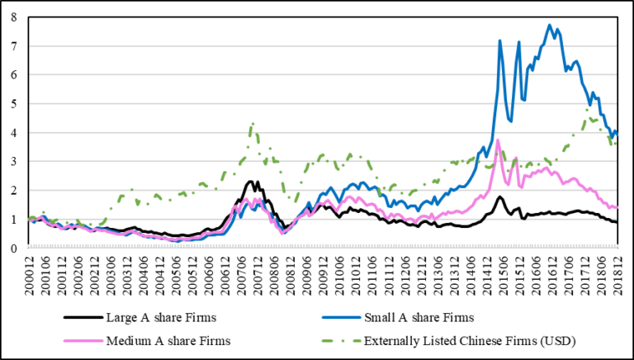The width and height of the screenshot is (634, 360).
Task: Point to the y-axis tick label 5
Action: coord(13,104)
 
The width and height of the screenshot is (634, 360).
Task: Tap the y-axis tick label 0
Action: coord(13,248)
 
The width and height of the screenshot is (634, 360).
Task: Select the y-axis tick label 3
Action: coord(13,162)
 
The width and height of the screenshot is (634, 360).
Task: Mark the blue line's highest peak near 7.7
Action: coord(549,25)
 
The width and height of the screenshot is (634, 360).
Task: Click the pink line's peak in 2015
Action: coord(498,140)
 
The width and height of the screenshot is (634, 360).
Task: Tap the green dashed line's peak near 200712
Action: coord(252,124)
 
